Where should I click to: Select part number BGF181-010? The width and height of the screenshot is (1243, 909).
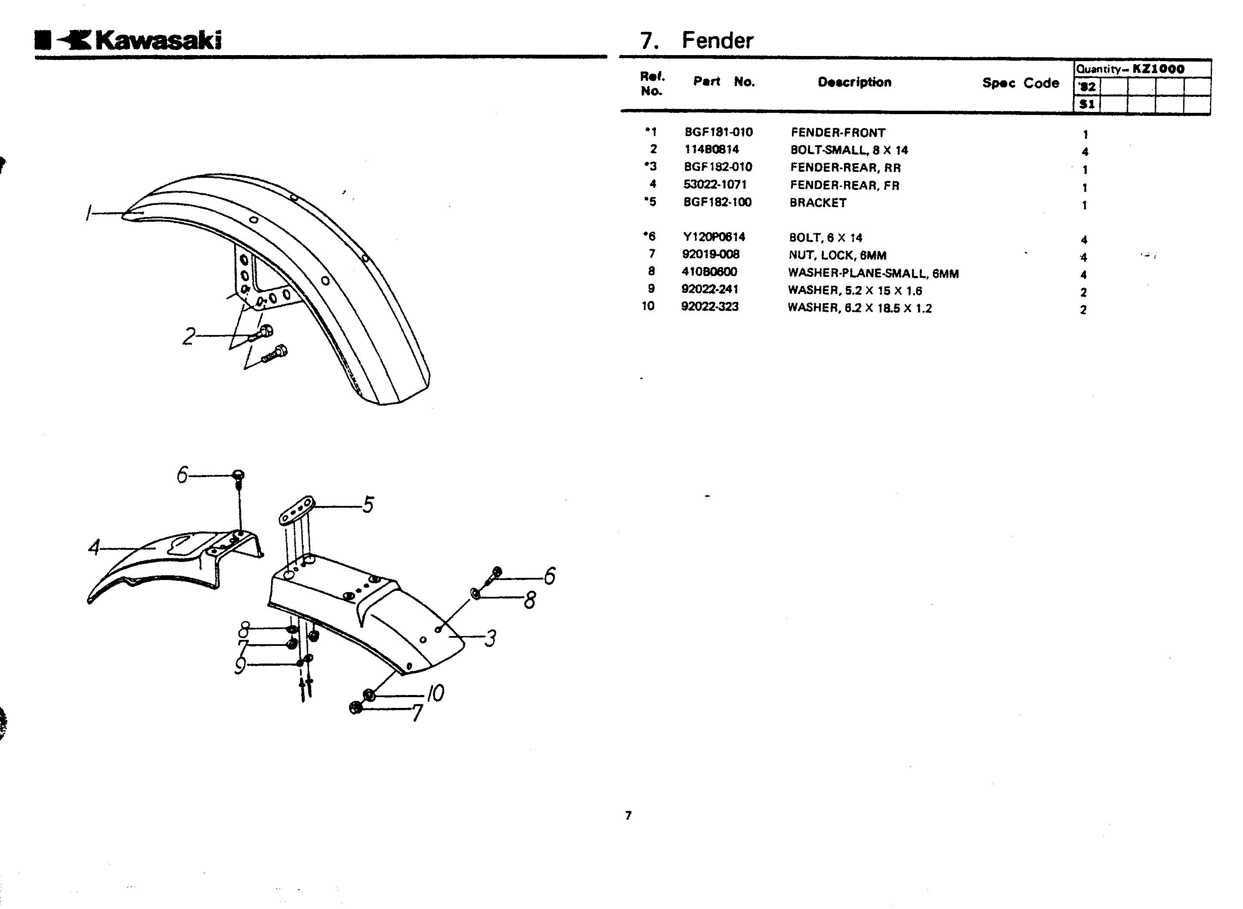pos(718,132)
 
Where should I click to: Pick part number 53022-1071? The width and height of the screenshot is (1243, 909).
pos(715,184)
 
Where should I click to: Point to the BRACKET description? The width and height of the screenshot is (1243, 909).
pos(818,202)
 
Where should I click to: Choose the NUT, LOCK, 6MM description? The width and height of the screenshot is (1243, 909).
pos(837,255)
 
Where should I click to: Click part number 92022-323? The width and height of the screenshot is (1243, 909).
pos(709,307)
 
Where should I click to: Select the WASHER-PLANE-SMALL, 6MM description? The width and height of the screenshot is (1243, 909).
pos(873,273)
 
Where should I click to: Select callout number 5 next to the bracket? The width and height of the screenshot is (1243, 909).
pos(368,504)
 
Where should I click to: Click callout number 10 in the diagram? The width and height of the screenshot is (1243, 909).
pos(435,693)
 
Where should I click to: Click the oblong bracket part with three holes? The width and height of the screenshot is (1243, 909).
pos(297,511)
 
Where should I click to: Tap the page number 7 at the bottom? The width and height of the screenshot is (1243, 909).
pos(628,816)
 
